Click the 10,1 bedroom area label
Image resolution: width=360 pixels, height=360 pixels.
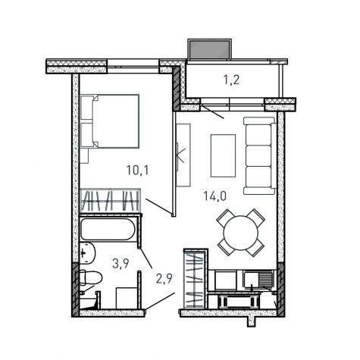coord(138,170)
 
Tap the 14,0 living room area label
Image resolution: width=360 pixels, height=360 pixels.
coord(215,196)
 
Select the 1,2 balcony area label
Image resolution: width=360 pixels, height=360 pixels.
coord(231,80)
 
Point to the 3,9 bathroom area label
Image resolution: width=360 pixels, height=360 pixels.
coord(121,264)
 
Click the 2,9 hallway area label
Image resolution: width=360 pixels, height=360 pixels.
coord(164,279)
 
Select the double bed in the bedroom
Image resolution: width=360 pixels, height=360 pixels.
coord(110,121)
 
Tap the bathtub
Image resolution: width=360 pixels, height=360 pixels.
coord(108,229)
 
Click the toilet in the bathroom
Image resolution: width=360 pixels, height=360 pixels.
coord(90,278)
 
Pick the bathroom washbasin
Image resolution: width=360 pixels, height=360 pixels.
coord(87,253)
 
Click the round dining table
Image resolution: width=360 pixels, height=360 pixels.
coord(241,233)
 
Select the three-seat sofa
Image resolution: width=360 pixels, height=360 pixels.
coord(260,156)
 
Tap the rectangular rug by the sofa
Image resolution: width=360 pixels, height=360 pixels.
coord(223,155)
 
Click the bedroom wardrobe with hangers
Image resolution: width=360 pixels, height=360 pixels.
coord(110,201)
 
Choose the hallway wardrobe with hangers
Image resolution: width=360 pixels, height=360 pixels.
coord(196,279)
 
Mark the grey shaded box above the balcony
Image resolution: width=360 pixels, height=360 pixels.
coord(209,49)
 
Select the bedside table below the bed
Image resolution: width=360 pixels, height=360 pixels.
coord(84,155)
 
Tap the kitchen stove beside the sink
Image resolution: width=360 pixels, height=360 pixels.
coord(225,280)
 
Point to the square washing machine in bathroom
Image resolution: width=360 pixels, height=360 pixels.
coord(127,298)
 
